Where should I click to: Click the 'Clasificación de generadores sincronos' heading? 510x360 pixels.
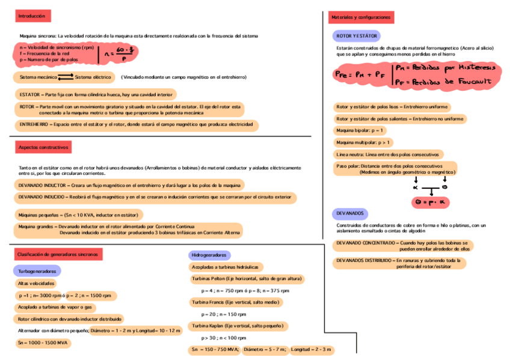[58, 255]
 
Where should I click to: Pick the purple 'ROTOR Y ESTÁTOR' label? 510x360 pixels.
[357, 36]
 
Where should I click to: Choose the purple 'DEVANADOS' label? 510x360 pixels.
[349, 213]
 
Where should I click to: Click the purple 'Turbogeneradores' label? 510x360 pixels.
[37, 271]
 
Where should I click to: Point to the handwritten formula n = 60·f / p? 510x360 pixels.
[118, 53]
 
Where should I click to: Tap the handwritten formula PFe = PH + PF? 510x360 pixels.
[360, 74]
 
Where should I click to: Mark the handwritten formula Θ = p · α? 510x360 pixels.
[432, 203]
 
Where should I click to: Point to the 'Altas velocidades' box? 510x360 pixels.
[37, 283]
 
